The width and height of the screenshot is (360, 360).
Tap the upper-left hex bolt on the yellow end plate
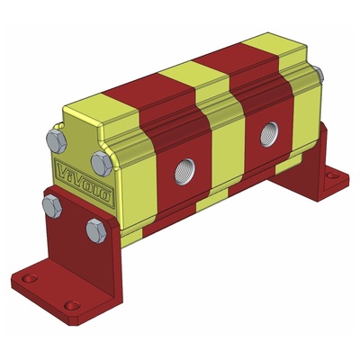coord(56,141)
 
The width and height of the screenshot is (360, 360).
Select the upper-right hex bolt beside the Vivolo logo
coord(103,164)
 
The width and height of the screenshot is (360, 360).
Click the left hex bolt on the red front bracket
coord(51,205)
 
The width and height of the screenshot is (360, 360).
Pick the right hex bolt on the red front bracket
coord(97,230)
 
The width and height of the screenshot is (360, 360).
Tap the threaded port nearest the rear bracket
coord(267,135)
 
